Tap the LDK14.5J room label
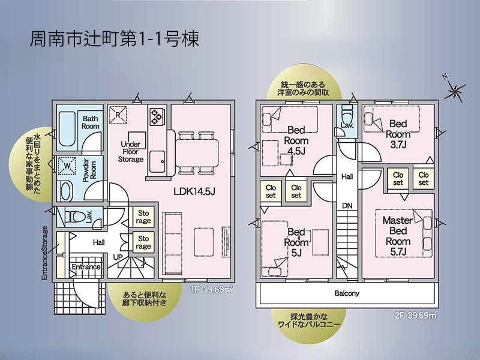194,191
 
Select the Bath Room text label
91,122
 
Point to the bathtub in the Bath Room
67,129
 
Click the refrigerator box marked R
118,115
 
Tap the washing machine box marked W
67,166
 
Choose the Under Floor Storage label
131,152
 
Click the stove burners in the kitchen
156,116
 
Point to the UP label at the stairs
118,257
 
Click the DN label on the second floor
347,206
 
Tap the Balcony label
347,293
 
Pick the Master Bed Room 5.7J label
398,236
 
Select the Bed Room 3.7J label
398,134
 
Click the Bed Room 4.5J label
296,140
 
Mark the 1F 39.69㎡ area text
211,289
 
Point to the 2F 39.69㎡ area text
415,316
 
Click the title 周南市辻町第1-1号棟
115,39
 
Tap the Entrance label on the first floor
86,267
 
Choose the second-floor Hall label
347,176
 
